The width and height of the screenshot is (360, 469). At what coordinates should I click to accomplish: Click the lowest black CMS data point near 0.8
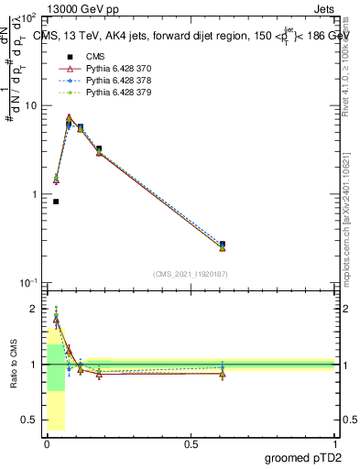coord(56,202)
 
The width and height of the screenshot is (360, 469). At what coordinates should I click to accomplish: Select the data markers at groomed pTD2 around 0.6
coord(223,245)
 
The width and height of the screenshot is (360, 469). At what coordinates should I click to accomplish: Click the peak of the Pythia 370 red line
coord(69,117)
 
